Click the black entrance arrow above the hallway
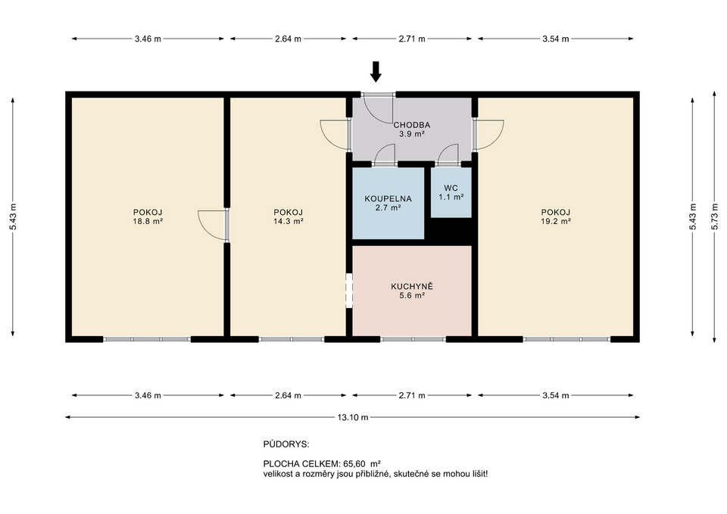pos(376,71)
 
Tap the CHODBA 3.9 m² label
pos(411,129)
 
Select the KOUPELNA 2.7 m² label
pos(388,203)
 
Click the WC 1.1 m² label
pos(451,192)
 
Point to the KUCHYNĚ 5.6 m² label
pos(411,291)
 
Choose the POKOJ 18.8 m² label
pos(148,217)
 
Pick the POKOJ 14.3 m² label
pos(289,217)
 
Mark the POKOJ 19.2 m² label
pos(555,217)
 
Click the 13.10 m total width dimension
pos(353,417)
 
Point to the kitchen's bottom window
pos(413,339)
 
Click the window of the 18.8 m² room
pos(147,339)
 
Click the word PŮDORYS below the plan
pos(285,444)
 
